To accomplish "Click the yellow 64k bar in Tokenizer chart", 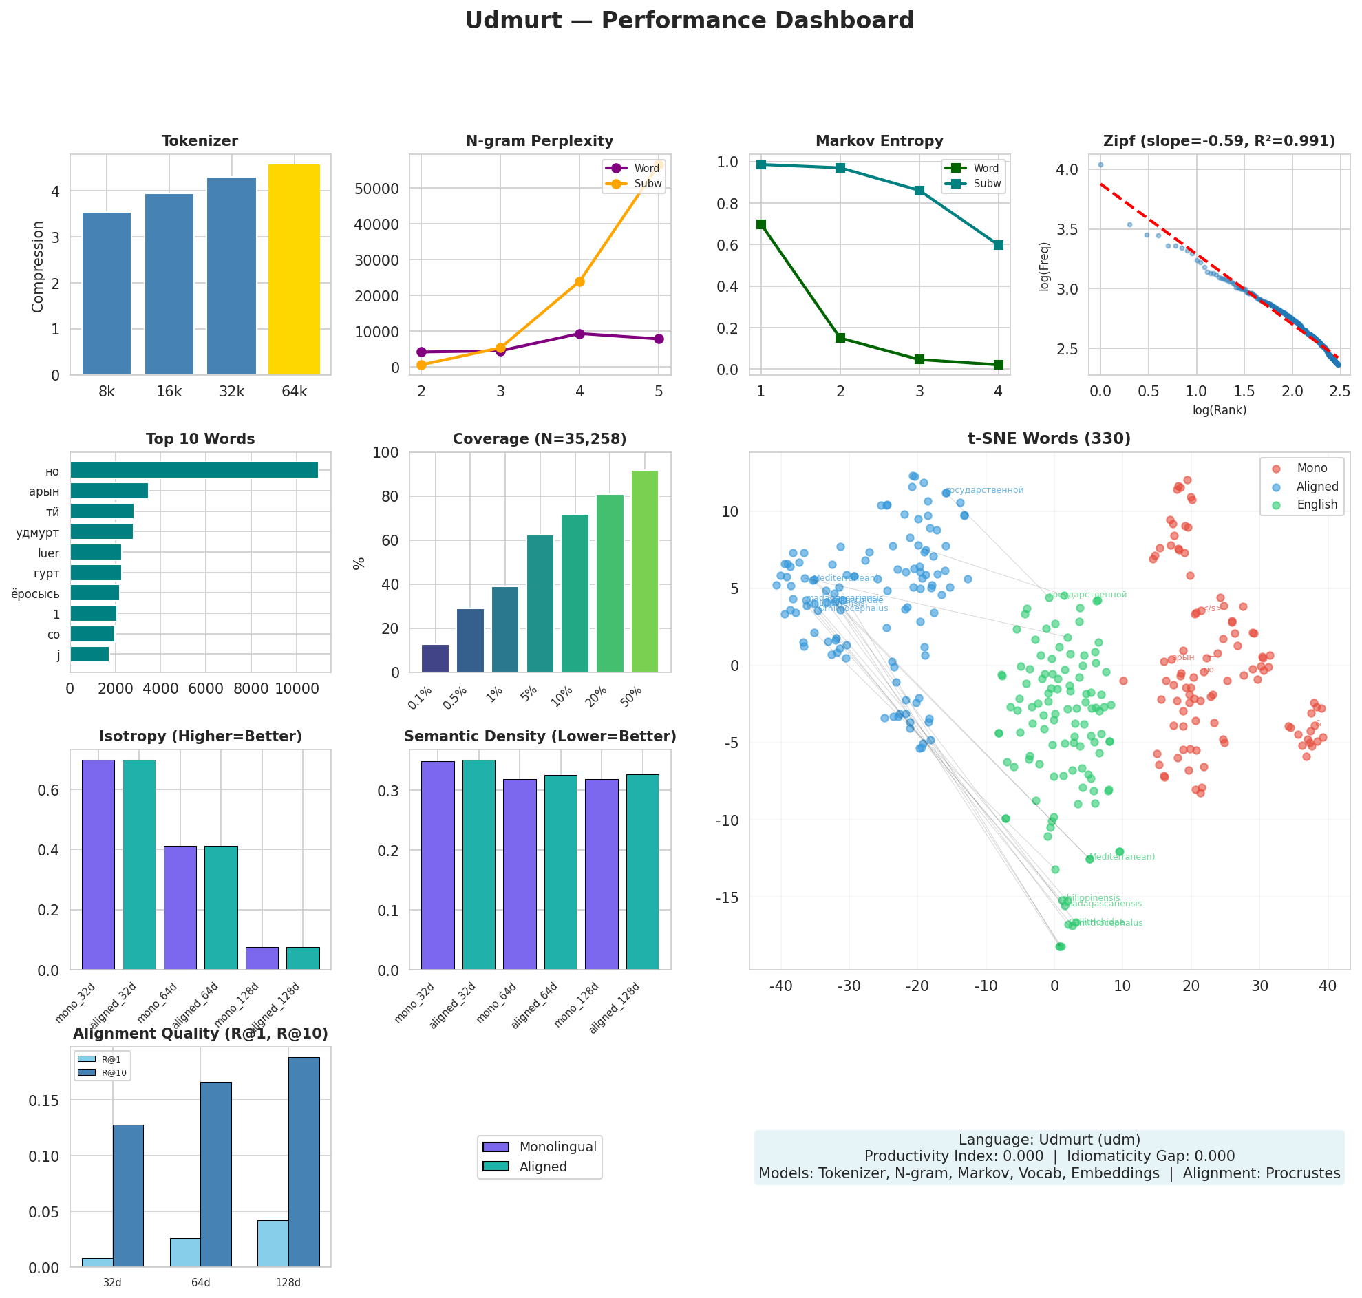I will click(294, 270).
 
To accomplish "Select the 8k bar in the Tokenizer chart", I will click(107, 294).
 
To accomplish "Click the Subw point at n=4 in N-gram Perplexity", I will click(579, 281).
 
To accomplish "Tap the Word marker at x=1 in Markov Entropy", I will click(761, 224).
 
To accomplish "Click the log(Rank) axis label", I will click(1219, 410).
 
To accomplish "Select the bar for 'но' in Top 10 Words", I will click(193, 471).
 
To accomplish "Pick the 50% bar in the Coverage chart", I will click(645, 571).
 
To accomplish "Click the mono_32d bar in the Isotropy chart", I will click(98, 864).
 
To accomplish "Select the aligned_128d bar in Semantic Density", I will click(642, 872).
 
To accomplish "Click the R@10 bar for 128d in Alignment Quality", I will click(304, 1162).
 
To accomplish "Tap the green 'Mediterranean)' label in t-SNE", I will click(1122, 857).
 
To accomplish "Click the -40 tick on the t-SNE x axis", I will click(781, 986).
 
